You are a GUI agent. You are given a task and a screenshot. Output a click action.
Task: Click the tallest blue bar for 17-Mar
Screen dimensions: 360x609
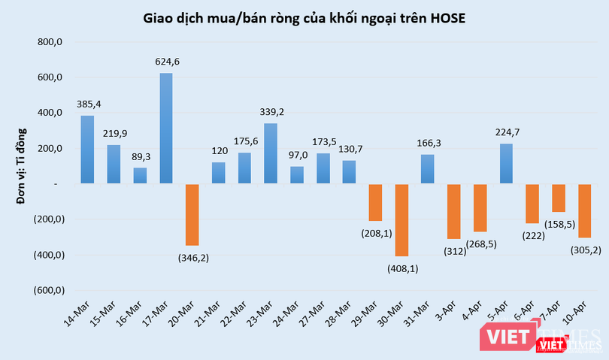pos(166,128)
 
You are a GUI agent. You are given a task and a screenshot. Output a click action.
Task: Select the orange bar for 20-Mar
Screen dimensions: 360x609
pos(192,214)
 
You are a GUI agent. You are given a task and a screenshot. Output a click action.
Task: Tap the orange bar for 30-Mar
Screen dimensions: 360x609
pos(401,219)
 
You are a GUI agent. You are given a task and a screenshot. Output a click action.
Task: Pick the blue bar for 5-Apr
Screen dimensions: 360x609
pos(506,163)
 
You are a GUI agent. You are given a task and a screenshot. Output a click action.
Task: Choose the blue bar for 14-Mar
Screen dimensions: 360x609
pos(87,150)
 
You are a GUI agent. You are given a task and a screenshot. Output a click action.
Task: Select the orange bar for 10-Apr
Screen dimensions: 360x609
pos(585,210)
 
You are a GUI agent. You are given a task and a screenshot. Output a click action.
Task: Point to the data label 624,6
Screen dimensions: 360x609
pos(166,62)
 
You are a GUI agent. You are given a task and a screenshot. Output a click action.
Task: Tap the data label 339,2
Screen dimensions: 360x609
pos(271,112)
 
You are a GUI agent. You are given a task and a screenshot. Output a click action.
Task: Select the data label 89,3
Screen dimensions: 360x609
pos(140,156)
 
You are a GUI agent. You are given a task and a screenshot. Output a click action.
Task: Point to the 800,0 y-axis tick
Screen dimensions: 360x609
pos(48,43)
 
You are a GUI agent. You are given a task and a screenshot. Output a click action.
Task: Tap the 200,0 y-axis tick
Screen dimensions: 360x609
pos(48,149)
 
